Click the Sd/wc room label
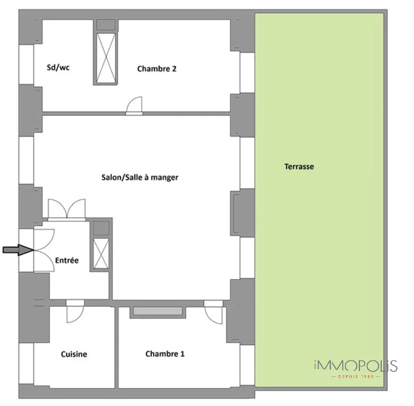tap(58, 68)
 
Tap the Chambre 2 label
tap(156, 69)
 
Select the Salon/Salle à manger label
tap(140, 177)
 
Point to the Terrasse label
tap(299, 167)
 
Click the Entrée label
tap(67, 260)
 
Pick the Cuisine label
tap(74, 354)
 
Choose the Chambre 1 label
tap(165, 354)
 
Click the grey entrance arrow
tap(18, 250)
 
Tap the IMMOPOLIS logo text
tap(356, 366)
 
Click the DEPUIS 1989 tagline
tap(356, 376)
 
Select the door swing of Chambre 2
tap(135, 105)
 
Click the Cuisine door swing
tap(75, 314)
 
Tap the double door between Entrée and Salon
tap(67, 209)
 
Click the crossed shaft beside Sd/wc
tap(106, 58)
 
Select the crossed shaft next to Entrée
tap(101, 253)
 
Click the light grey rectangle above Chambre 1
tap(158, 311)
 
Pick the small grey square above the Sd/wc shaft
tap(106, 25)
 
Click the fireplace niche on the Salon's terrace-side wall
tap(235, 213)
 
